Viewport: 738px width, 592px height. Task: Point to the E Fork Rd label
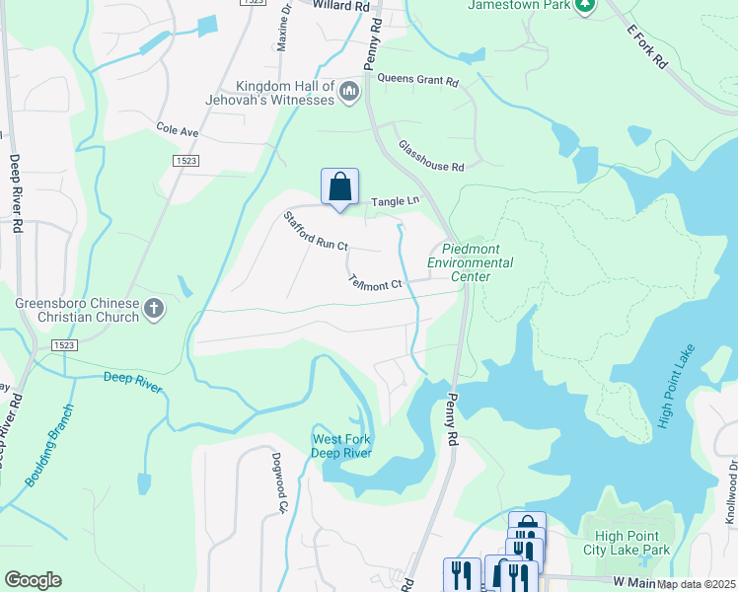(647, 45)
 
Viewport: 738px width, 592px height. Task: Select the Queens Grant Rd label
(418, 81)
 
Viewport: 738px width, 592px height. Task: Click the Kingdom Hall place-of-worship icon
(347, 93)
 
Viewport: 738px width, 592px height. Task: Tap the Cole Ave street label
(178, 130)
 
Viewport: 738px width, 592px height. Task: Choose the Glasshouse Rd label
(431, 156)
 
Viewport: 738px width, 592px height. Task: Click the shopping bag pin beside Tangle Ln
(339, 186)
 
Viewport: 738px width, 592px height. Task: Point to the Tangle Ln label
(395, 202)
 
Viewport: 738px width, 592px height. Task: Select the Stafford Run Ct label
(316, 231)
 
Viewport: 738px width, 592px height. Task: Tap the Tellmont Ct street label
(376, 281)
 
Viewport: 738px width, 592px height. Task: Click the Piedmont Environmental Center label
(470, 263)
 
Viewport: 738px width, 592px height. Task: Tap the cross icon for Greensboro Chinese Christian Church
(153, 310)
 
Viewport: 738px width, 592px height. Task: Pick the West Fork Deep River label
(341, 446)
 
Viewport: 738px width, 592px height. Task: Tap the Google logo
(33, 580)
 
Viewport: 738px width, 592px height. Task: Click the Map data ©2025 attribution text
(696, 584)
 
